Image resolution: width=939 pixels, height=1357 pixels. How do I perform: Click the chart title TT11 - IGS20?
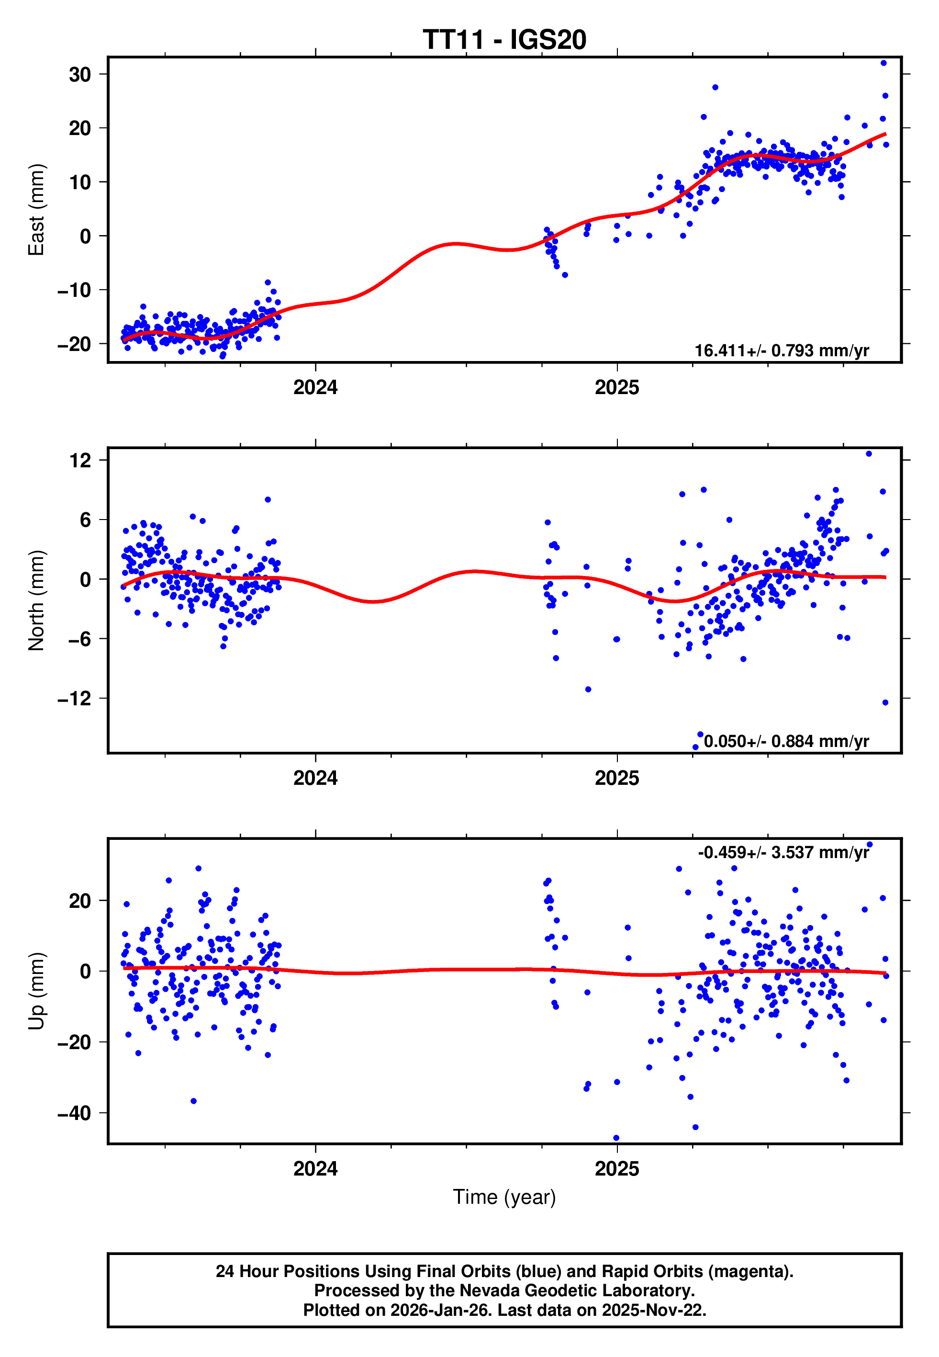(x=504, y=40)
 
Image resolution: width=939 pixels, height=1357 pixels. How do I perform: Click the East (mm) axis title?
(x=36, y=210)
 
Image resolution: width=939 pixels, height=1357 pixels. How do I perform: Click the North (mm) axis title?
(x=36, y=600)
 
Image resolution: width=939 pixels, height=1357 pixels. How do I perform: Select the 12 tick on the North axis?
(x=80, y=460)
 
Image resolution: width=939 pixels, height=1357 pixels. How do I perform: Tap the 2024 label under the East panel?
(x=315, y=388)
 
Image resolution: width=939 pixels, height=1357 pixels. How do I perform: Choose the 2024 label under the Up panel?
(x=315, y=1169)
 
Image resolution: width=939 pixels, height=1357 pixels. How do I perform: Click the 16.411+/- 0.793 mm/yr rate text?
(x=782, y=351)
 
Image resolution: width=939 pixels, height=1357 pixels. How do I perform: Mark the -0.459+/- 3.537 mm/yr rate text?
(x=783, y=853)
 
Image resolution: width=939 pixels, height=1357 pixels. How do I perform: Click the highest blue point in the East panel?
(x=883, y=63)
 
